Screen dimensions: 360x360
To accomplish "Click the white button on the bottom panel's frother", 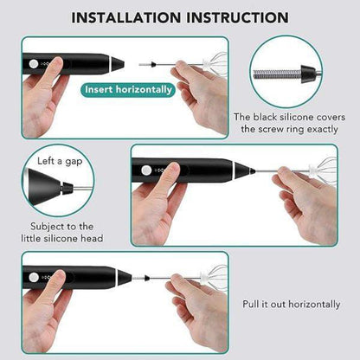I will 34,276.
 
